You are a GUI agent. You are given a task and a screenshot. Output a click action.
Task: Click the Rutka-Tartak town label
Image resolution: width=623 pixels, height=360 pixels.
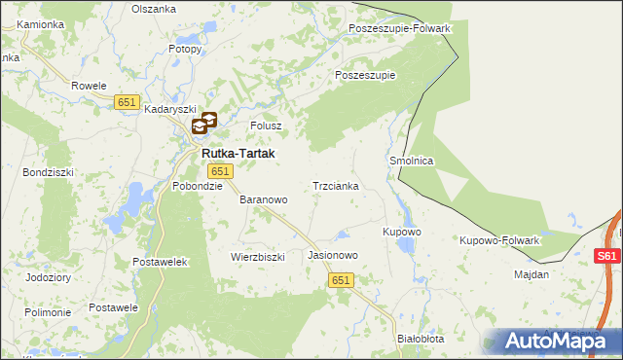(238, 154)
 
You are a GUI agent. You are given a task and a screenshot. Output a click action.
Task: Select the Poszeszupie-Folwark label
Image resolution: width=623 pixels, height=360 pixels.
(399, 28)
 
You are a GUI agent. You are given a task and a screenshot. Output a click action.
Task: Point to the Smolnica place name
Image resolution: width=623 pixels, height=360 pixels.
(411, 161)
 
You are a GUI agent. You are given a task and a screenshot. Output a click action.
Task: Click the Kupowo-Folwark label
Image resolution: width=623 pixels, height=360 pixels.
(499, 239)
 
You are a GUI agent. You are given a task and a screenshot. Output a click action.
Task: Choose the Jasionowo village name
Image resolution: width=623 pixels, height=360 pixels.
(334, 255)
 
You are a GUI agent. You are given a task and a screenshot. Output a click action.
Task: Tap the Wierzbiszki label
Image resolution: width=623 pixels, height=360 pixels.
(257, 257)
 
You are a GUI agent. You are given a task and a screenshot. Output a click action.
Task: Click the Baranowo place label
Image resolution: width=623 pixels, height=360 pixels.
(264, 199)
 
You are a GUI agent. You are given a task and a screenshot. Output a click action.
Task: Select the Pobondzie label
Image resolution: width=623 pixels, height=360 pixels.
(198, 186)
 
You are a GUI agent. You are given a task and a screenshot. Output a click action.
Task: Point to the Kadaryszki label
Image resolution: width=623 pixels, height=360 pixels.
(170, 110)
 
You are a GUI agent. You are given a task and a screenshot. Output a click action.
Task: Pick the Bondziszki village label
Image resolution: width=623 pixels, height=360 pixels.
(45, 172)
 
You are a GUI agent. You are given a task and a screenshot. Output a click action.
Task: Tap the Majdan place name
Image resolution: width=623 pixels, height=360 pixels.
(531, 274)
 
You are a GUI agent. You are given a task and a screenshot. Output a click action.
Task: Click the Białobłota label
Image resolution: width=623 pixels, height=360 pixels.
(421, 339)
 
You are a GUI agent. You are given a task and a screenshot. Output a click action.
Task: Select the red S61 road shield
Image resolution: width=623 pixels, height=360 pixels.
(607, 256)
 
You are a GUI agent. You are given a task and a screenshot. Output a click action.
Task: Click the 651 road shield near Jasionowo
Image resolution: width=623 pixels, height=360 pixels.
(340, 279)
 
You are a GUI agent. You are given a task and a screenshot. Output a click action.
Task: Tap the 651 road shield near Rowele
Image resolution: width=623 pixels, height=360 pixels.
(127, 102)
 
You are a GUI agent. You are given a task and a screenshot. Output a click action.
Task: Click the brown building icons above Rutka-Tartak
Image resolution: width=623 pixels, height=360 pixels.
(203, 124)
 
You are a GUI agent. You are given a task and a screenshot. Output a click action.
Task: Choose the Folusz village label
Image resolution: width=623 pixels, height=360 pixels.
(266, 126)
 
